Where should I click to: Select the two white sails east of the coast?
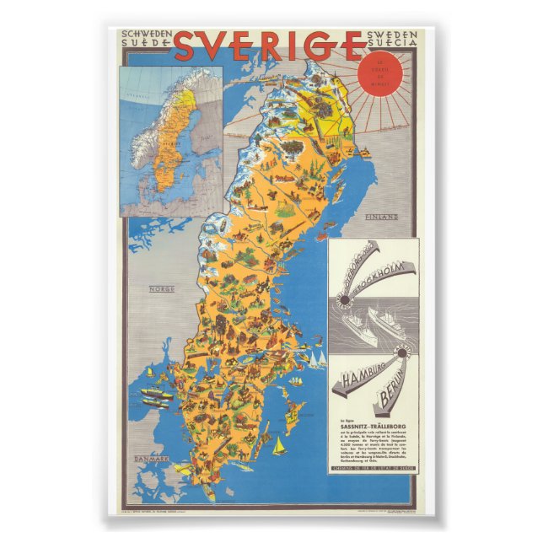pos(314,360)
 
